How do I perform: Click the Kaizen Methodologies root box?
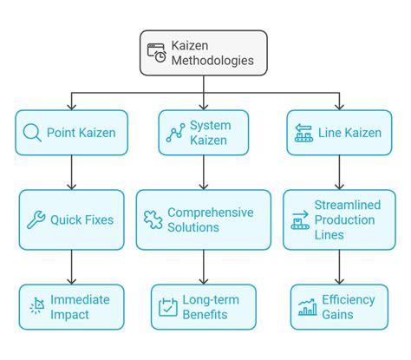click(x=203, y=53)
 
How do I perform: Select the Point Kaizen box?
click(x=70, y=133)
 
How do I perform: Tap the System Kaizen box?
click(x=203, y=133)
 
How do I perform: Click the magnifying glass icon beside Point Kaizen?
click(x=32, y=133)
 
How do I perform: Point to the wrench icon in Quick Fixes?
click(x=36, y=219)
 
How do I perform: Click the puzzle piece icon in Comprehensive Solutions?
click(x=153, y=219)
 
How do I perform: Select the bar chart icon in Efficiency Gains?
click(x=307, y=307)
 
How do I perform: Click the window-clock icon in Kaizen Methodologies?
click(x=159, y=53)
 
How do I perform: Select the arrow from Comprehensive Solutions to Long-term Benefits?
click(x=203, y=266)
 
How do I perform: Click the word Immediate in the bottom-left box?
click(x=81, y=299)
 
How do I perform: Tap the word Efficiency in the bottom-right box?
click(x=349, y=299)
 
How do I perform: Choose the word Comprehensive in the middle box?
click(x=211, y=213)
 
